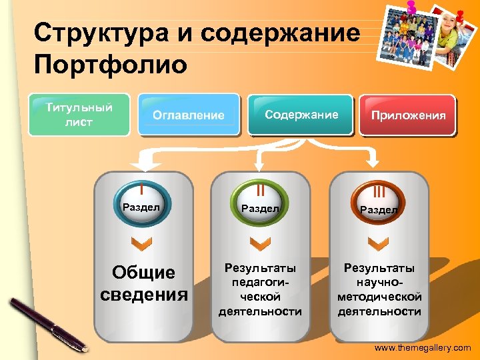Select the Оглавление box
point(189,115)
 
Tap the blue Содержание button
point(301,115)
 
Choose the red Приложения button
point(408,115)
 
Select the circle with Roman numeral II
point(259,199)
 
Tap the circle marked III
point(378,200)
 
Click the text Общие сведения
point(143,283)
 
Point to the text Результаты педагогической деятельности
point(260,289)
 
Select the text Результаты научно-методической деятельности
point(379,289)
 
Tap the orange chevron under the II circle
point(259,243)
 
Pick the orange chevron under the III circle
point(378,243)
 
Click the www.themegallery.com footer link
point(422,348)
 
